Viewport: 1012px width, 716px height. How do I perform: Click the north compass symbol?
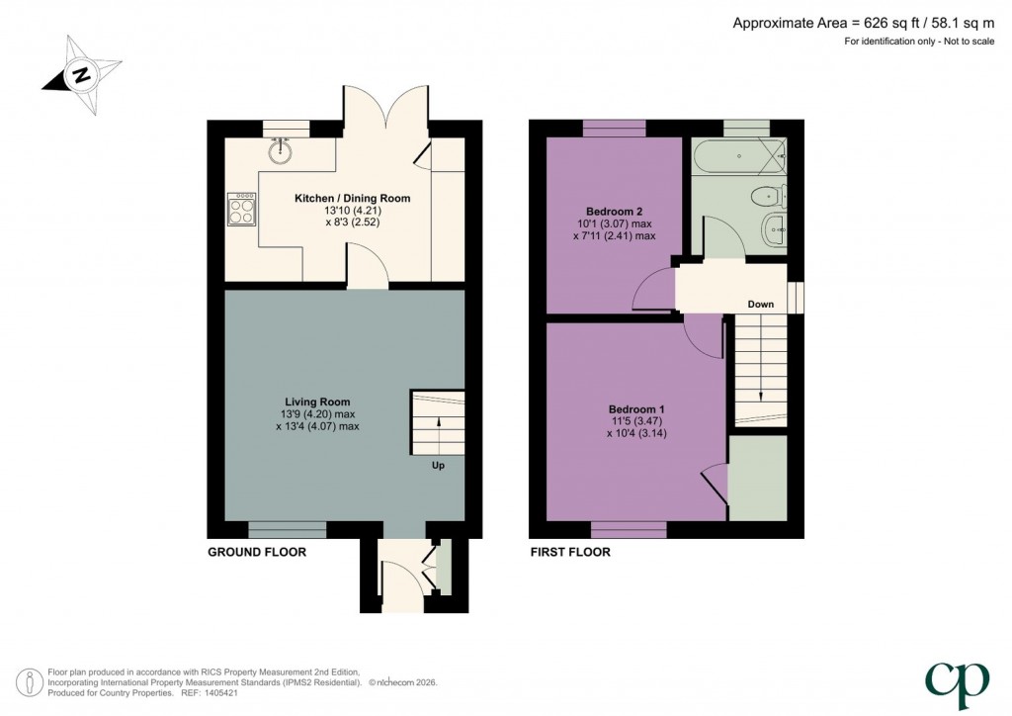coord(81,73)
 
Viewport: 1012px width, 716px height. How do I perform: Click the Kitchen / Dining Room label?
coord(352,199)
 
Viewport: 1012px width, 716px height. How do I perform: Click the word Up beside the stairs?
coord(437,465)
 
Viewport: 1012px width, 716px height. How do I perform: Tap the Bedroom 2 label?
coord(614,212)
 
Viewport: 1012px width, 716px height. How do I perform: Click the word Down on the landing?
coord(760,305)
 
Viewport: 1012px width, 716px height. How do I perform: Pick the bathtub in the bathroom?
coord(742,155)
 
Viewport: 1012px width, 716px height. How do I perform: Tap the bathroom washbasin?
coord(774,229)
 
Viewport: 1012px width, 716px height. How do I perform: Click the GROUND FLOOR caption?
coord(256,552)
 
